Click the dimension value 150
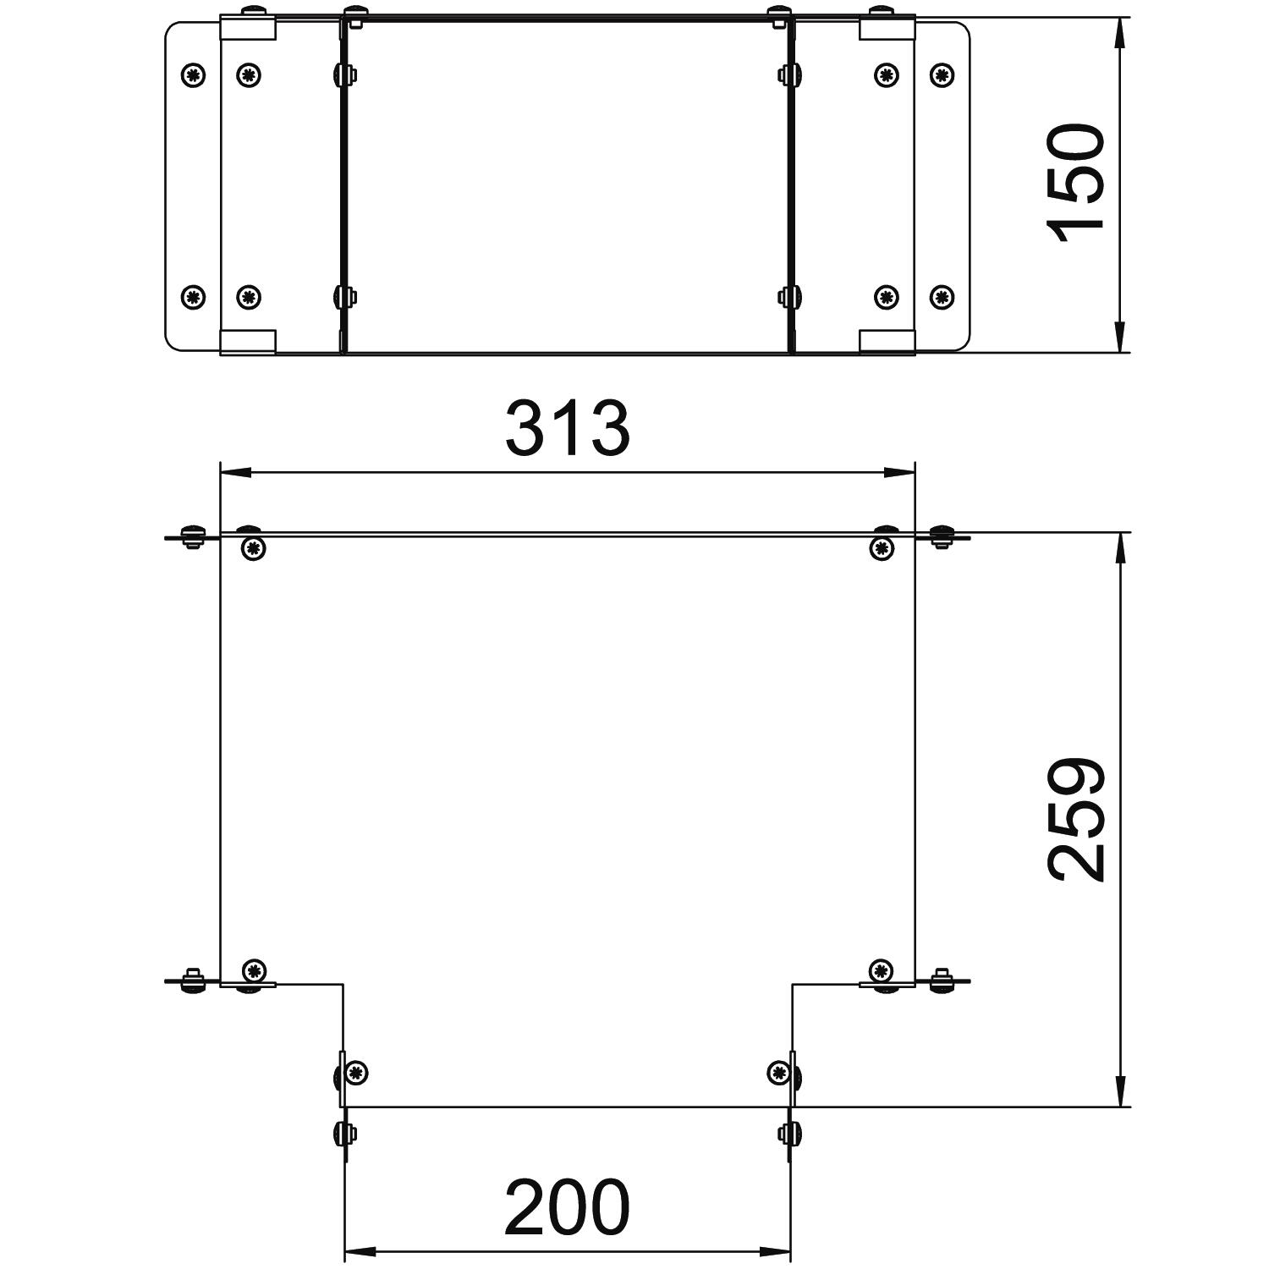pos(1076,183)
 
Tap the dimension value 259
pos(1076,820)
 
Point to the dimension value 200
pos(568,1207)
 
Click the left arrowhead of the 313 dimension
pos(236,472)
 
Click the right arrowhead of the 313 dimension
pos(898,472)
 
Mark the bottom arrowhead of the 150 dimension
pos(1120,337)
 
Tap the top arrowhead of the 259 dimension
pos(1120,549)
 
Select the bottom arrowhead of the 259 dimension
pos(1120,1090)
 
